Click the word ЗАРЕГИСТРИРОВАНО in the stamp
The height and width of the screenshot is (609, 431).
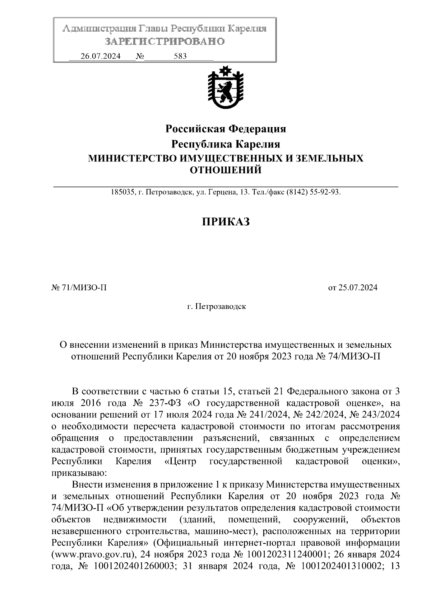pos(165,42)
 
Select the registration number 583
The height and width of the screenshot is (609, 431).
pos(180,56)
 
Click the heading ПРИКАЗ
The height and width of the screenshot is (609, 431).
pos(225,222)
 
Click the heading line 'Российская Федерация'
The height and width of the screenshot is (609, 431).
pos(225,128)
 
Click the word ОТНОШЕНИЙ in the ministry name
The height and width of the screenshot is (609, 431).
pos(225,170)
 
